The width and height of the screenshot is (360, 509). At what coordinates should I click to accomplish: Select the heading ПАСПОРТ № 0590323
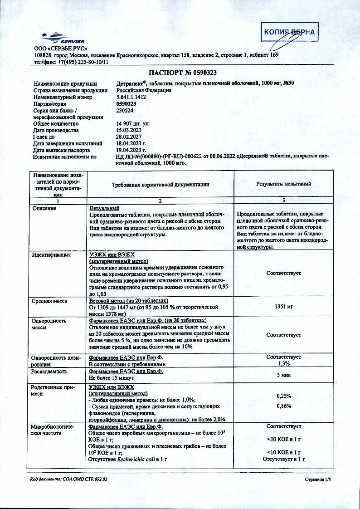(180, 73)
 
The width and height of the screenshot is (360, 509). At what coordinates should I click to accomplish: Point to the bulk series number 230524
(125, 110)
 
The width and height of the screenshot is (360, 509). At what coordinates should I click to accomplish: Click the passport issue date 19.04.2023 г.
(132, 150)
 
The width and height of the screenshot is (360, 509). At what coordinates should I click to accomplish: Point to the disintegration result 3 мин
(284, 375)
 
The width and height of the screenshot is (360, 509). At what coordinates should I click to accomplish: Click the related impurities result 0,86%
(284, 406)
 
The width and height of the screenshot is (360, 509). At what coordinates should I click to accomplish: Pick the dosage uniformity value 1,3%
(284, 364)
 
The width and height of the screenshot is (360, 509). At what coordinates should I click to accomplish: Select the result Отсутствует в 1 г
(283, 459)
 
